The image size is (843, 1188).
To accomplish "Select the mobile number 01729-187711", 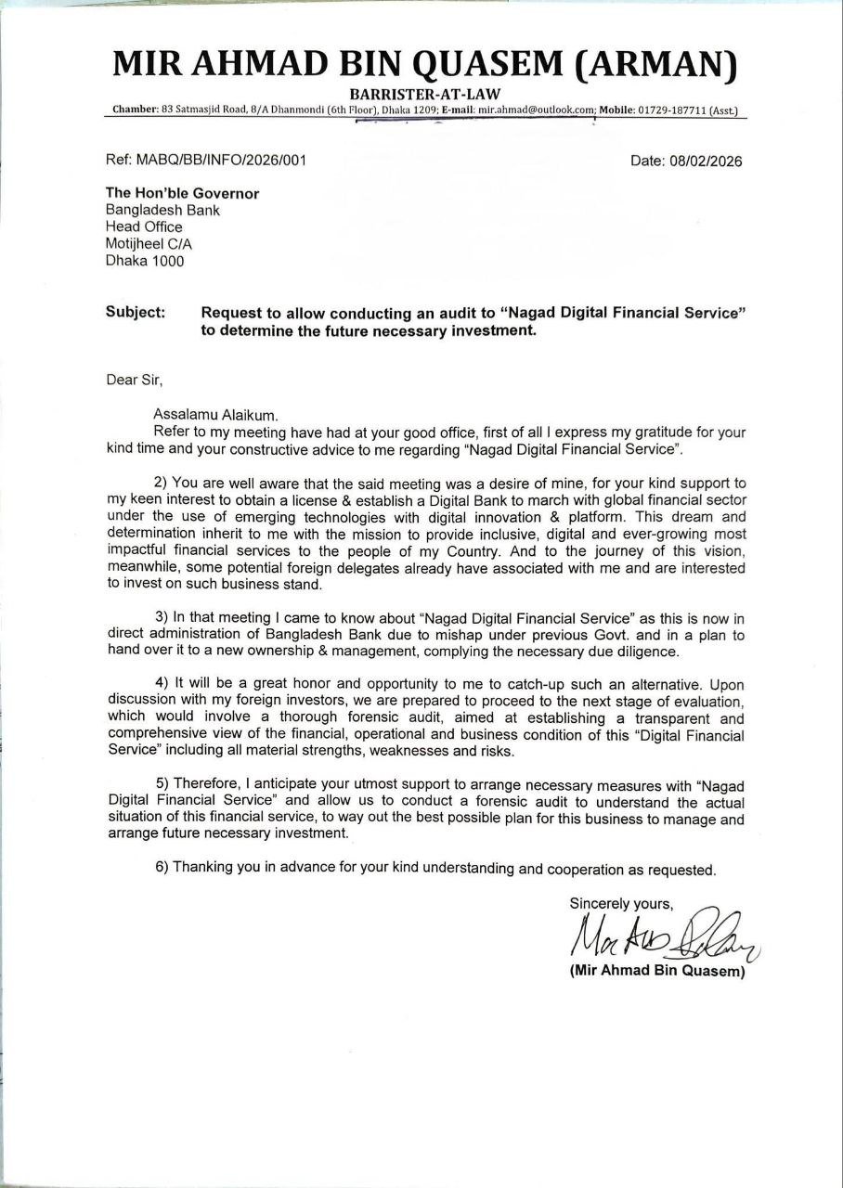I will [x=670, y=110].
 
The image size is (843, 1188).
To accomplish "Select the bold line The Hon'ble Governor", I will [x=182, y=193].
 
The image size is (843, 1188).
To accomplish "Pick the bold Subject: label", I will [x=136, y=313].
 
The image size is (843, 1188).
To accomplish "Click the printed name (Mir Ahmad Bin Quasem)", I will [x=657, y=972].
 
